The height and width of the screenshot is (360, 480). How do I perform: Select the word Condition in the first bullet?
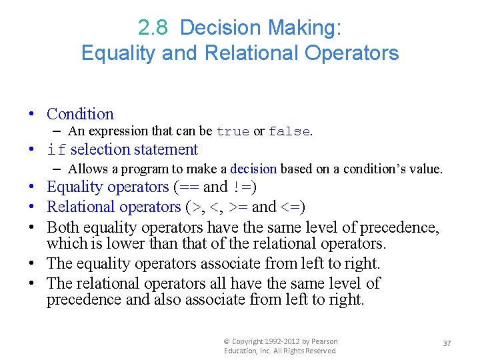pyautogui.click(x=80, y=114)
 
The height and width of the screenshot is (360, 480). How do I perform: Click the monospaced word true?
pyautogui.click(x=233, y=132)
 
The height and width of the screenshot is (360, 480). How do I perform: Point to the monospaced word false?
pyautogui.click(x=289, y=132)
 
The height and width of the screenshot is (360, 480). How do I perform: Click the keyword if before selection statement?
pyautogui.click(x=57, y=150)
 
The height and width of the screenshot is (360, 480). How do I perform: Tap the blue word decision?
pyautogui.click(x=255, y=169)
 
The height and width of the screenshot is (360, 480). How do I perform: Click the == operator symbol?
pyautogui.click(x=187, y=187)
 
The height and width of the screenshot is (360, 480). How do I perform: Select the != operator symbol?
pyautogui.click(x=243, y=187)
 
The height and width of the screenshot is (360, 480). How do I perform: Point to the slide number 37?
pyautogui.click(x=447, y=343)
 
